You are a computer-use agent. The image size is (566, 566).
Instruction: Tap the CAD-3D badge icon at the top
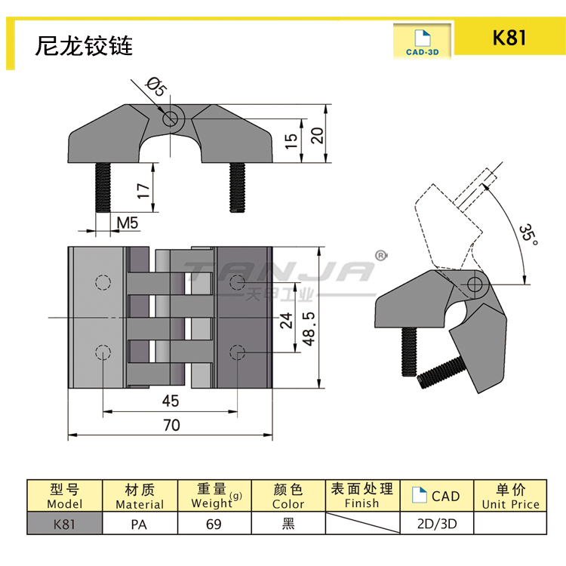423,42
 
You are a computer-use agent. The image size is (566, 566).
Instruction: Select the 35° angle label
529,235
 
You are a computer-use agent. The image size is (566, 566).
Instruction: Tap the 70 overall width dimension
171,425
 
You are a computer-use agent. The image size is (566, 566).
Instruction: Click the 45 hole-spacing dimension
170,401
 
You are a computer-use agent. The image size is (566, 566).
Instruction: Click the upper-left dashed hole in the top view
102,283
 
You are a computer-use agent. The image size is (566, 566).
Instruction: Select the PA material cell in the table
140,524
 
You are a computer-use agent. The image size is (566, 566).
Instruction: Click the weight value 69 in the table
214,524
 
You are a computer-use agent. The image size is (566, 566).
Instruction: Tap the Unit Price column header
511,497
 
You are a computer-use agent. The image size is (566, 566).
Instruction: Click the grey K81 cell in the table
64,524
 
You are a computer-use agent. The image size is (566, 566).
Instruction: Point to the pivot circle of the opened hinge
475,285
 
